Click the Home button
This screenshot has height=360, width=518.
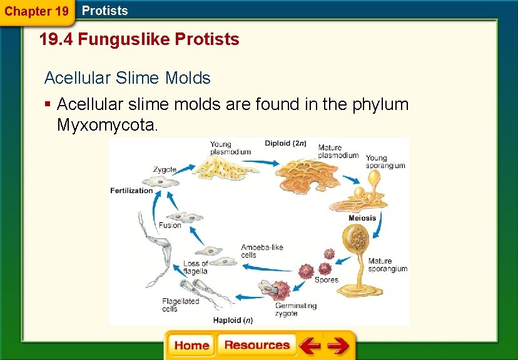191,346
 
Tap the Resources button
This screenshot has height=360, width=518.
256,346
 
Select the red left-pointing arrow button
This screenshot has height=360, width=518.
310,346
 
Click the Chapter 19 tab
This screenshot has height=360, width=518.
37,11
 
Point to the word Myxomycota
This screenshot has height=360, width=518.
108,125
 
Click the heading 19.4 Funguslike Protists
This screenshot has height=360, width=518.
139,40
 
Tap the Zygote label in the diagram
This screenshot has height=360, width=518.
165,169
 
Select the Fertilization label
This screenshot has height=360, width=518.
131,191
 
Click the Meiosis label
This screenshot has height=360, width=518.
362,218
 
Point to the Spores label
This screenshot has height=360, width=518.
326,279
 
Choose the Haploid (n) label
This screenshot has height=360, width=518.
231,321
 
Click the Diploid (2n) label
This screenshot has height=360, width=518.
286,143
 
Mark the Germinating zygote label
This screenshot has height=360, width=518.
295,309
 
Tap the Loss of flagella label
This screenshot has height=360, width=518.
195,267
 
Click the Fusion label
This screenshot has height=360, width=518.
170,226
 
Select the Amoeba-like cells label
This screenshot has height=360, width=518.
262,251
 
